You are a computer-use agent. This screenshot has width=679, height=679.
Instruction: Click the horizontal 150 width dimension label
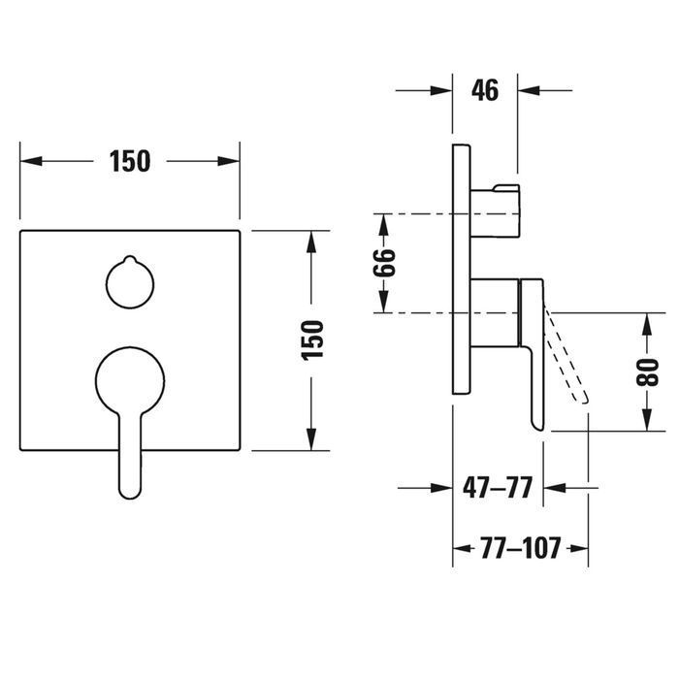coord(130,161)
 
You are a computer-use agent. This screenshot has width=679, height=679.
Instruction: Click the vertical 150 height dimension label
coord(312,339)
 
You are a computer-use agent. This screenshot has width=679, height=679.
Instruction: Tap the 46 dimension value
coord(485,90)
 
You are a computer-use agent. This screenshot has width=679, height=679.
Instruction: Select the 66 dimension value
coord(384,263)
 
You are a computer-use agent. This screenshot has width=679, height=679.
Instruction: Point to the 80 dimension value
coord(647,372)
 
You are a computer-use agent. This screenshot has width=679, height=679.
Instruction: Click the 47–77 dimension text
coord(497,488)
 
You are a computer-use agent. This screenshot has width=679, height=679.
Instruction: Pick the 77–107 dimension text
coord(520,548)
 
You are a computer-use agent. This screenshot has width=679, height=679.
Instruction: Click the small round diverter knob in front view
coord(130,285)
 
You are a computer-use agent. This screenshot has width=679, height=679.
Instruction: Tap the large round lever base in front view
coord(130,381)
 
